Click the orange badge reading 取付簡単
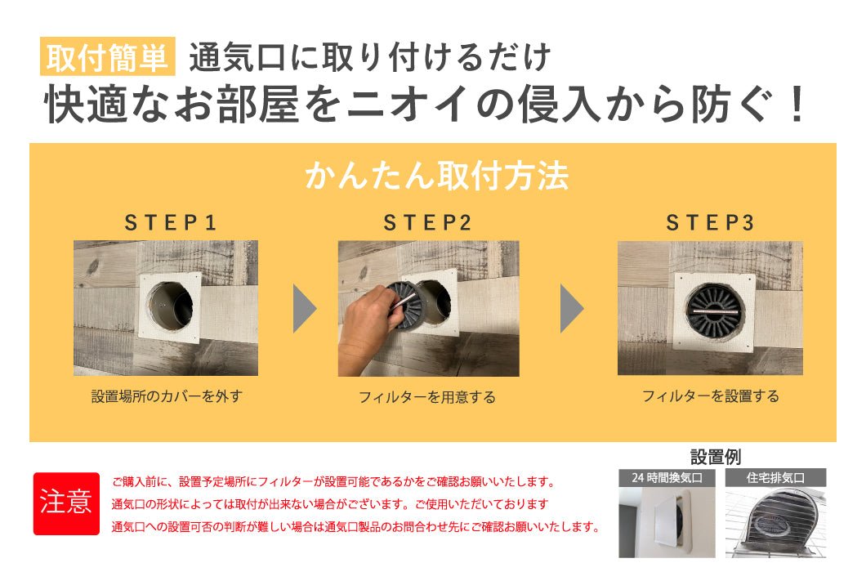point(108,56)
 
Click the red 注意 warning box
point(66,503)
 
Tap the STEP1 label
point(170,223)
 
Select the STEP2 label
point(427,223)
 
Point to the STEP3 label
point(710,223)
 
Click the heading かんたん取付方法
point(437,176)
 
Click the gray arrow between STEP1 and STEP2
point(304,308)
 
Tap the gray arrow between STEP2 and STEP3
point(572,308)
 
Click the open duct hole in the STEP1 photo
point(170,306)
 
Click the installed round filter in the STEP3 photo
point(715,310)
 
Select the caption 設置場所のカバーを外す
point(167,396)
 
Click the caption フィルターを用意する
point(427,397)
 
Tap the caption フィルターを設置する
point(710,396)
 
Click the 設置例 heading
point(716,457)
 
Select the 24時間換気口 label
point(667,477)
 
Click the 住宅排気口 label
point(775,477)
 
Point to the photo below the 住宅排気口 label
point(775,522)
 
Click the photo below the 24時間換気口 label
point(667,522)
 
